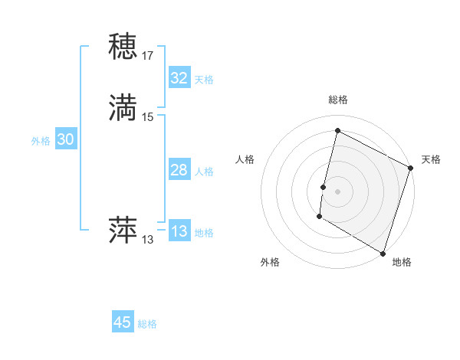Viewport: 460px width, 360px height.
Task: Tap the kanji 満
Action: (x=123, y=108)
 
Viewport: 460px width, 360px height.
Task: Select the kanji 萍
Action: (x=123, y=231)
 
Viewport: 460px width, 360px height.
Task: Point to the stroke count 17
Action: (x=148, y=56)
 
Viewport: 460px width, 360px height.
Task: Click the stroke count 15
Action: (x=148, y=117)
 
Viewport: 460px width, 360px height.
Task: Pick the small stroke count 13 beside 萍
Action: (x=148, y=240)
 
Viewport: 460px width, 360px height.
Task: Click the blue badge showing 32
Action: (x=179, y=78)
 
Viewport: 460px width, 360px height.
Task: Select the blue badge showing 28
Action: (x=179, y=170)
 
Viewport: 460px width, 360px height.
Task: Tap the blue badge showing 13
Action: (x=179, y=231)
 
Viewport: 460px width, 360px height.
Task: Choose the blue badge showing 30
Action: (x=66, y=139)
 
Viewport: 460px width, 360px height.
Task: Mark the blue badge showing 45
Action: (x=123, y=322)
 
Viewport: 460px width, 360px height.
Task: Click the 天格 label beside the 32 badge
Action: (x=204, y=80)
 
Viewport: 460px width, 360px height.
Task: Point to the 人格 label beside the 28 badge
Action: (x=204, y=172)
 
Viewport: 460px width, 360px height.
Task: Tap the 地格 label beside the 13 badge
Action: (x=204, y=233)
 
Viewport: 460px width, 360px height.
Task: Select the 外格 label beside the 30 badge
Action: (x=41, y=141)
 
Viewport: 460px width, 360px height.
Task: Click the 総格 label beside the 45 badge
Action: (x=147, y=324)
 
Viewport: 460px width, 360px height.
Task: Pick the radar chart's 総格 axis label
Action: (x=338, y=100)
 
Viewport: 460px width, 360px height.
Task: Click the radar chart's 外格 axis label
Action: (x=270, y=262)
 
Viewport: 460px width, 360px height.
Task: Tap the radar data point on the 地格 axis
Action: (x=382, y=253)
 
